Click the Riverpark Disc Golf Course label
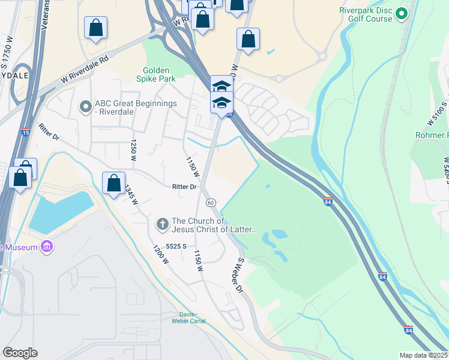click(366, 14)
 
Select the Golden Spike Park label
click(156, 74)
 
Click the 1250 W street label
click(133, 151)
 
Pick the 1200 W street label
click(160, 254)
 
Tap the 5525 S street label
click(177, 247)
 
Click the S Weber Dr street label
click(240, 275)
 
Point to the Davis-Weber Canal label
click(193, 318)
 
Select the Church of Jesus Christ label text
click(214, 225)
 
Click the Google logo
click(20, 353)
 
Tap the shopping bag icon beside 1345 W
click(113, 184)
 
